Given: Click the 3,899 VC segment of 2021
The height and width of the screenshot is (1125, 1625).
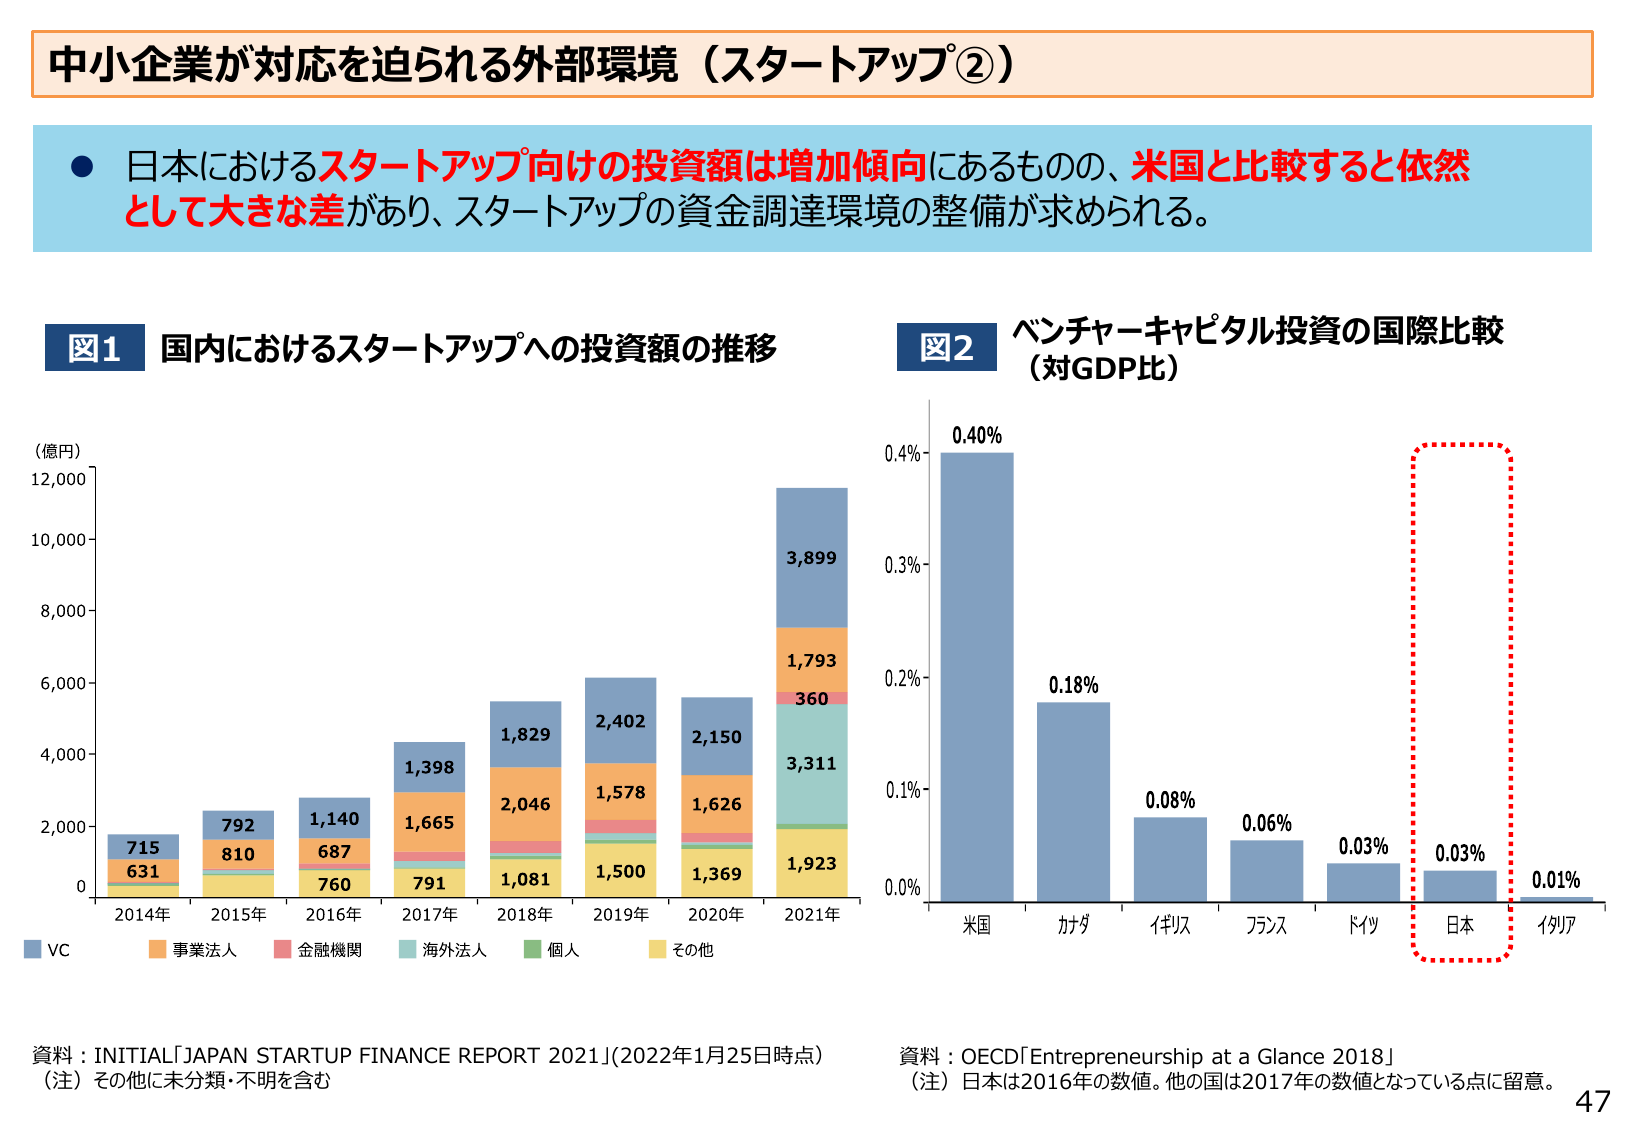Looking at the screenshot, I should [811, 557].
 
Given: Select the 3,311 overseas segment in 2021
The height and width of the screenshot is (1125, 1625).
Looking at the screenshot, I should [811, 763].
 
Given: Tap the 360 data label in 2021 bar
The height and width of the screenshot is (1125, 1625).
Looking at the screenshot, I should [811, 699].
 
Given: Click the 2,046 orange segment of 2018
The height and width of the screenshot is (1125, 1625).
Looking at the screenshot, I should [525, 804].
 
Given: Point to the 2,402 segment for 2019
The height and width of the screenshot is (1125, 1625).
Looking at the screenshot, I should [620, 721].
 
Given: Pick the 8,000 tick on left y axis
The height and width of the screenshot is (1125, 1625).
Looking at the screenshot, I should [63, 611].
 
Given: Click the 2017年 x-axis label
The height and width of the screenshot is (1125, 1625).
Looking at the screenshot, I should [429, 914].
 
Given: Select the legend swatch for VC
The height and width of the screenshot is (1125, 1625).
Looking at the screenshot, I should [33, 949].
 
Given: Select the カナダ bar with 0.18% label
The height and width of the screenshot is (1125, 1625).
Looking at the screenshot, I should [1073, 800].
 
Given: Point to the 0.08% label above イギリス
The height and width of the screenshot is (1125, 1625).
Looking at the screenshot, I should [1170, 800].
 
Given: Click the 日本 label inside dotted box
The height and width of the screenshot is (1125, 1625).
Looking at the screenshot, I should [1460, 925].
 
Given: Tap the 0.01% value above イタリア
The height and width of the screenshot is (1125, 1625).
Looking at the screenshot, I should [1556, 880].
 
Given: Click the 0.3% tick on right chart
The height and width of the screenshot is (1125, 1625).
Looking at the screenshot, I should [902, 565].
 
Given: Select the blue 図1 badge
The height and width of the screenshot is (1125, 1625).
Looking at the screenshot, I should [94, 347].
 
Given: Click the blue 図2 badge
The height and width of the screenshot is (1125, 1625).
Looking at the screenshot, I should [946, 347].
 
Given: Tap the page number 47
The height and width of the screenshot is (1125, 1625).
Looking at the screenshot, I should [1592, 1101].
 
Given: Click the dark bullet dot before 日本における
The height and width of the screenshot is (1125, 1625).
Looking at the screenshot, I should [82, 167].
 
